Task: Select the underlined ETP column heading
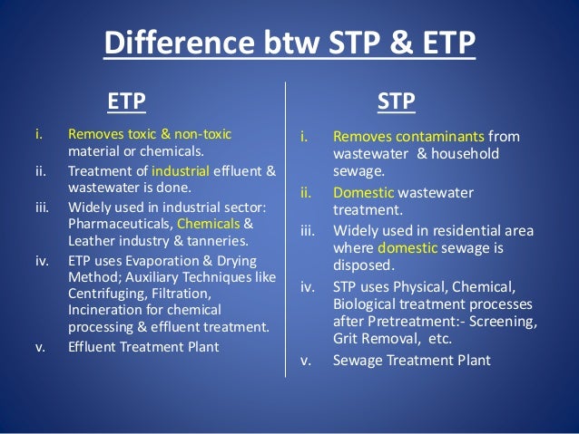tap(126, 101)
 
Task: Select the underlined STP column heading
tap(396, 101)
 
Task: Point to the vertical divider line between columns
tap(287, 227)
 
